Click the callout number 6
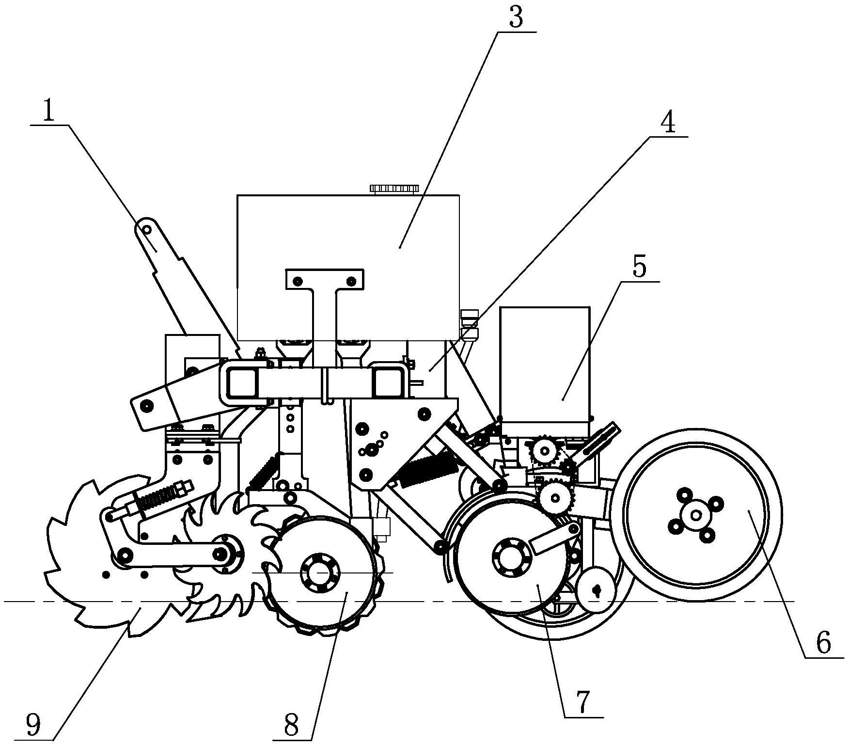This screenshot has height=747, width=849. [823, 642]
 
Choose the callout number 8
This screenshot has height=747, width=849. [292, 726]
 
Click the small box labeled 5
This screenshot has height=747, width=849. [545, 364]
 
